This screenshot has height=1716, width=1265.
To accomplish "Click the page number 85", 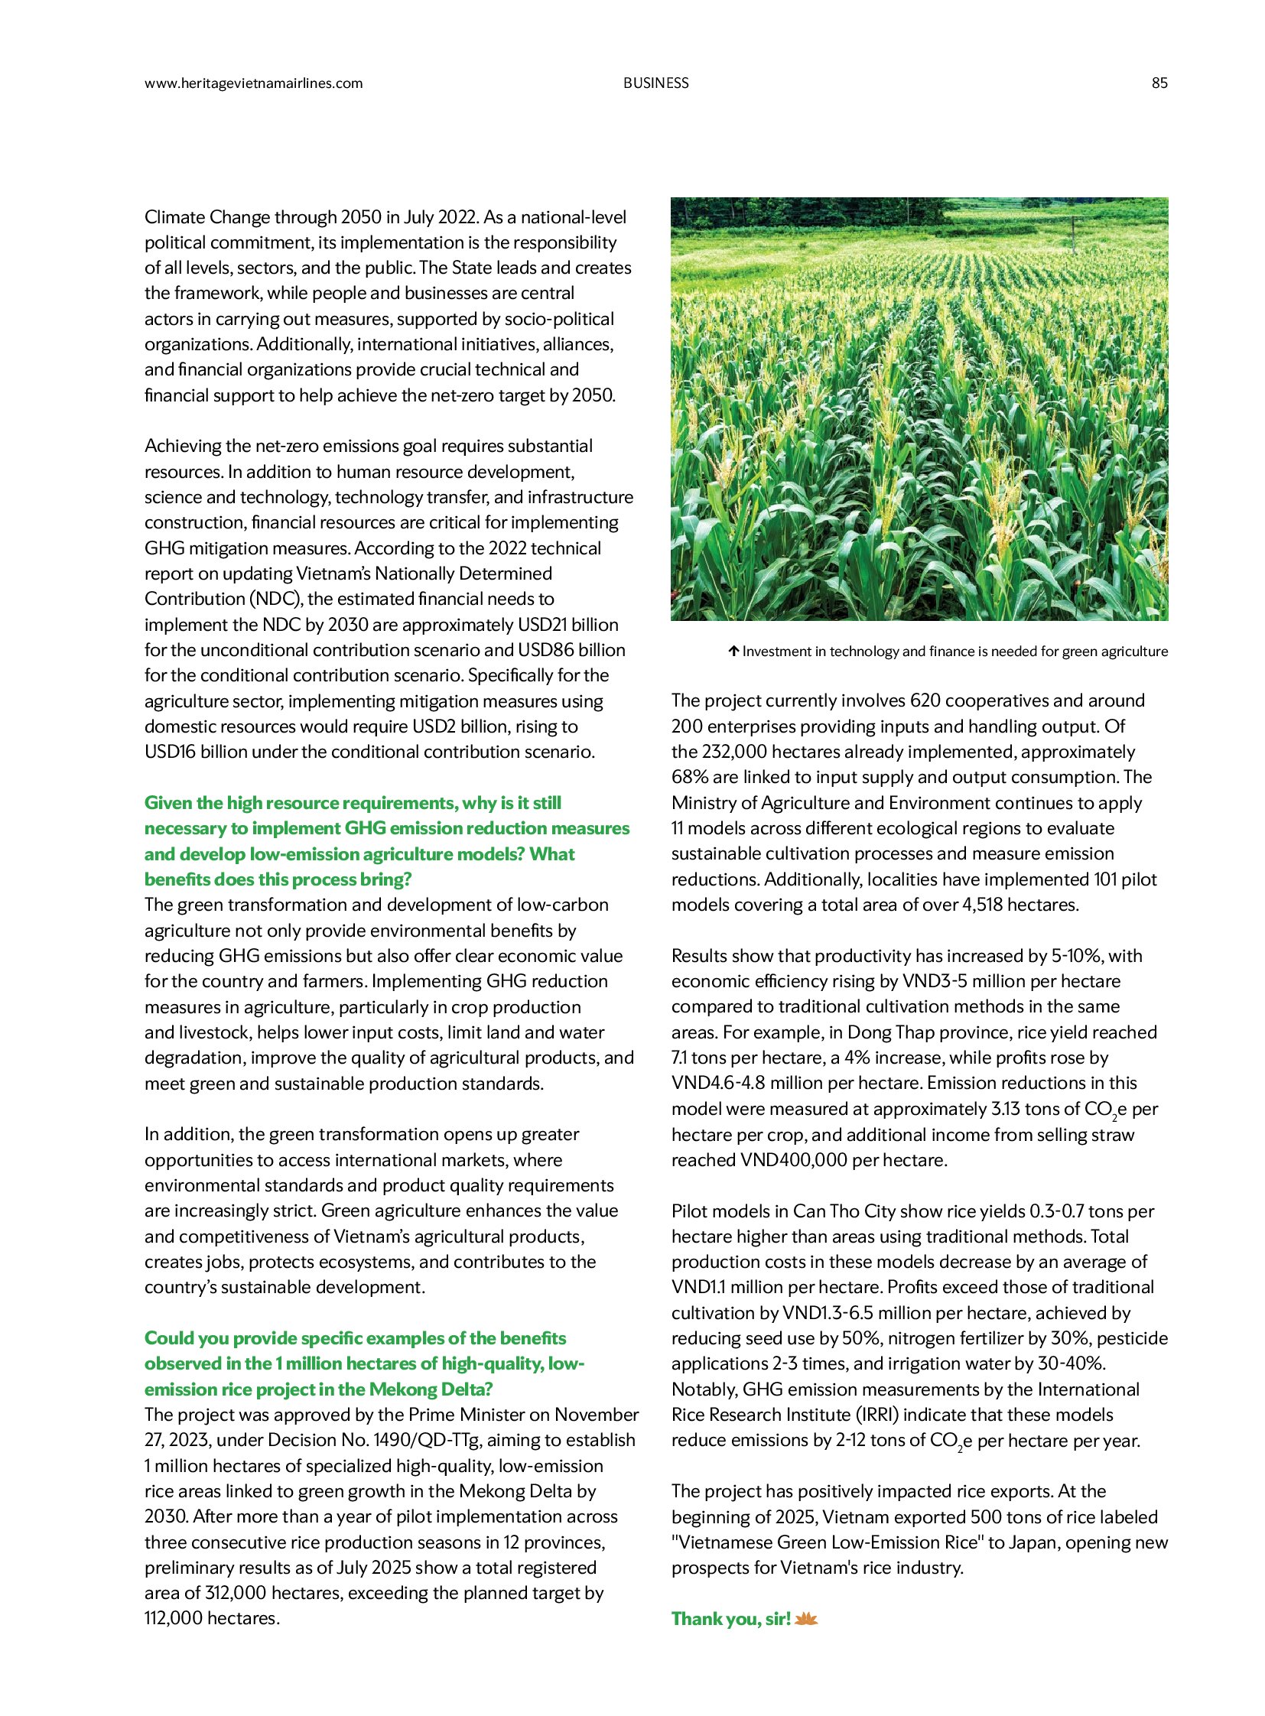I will click(x=1159, y=83).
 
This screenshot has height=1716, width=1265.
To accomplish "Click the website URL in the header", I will click(x=253, y=83).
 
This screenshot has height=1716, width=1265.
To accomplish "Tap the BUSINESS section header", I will click(x=655, y=83).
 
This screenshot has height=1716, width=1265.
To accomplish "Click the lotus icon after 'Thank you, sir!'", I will click(x=806, y=1618).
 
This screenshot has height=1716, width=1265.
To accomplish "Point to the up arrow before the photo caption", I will click(x=733, y=652).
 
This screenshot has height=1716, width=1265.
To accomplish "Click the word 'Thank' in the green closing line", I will click(x=698, y=1618).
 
